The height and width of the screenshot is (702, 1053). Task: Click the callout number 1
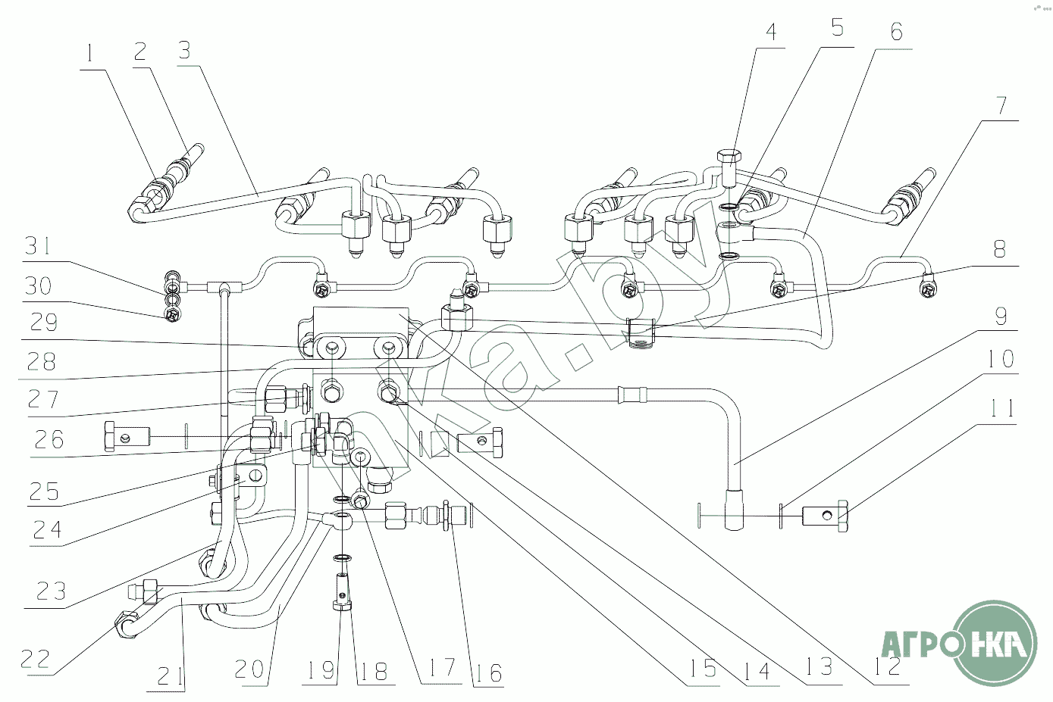click(x=91, y=54)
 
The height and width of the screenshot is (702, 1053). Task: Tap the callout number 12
click(x=887, y=666)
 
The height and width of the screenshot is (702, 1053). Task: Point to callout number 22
click(x=35, y=658)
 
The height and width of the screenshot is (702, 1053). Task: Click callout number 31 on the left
click(x=40, y=246)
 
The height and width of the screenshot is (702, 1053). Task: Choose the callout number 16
click(x=489, y=672)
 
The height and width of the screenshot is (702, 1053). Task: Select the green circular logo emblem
click(x=995, y=644)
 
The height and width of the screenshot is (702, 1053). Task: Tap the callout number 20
click(x=249, y=669)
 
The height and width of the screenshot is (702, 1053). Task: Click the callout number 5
click(x=837, y=28)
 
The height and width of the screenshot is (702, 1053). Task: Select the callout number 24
click(x=46, y=529)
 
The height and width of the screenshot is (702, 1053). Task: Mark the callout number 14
click(x=757, y=669)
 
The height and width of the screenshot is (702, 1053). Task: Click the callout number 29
click(x=43, y=323)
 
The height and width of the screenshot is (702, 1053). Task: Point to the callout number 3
click(x=184, y=50)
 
